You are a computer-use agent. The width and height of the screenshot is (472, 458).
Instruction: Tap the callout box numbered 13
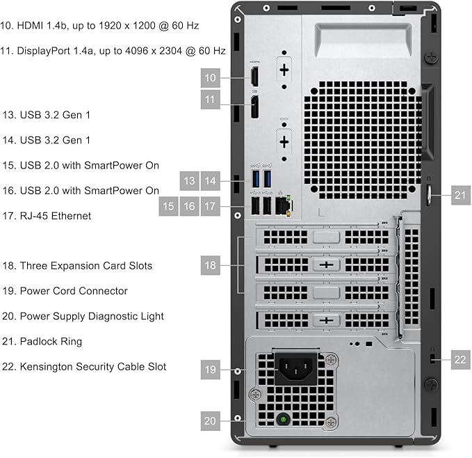pyautogui.click(x=190, y=182)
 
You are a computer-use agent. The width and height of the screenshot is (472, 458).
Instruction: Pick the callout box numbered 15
pyautogui.click(x=169, y=206)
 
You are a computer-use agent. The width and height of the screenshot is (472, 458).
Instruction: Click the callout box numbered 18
pyautogui.click(x=211, y=265)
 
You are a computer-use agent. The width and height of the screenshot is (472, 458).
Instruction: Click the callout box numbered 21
pyautogui.click(x=459, y=196)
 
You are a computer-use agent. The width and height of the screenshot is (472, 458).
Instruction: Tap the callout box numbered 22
pyautogui.click(x=459, y=359)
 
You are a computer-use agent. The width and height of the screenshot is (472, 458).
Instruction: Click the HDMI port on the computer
pyautogui.click(x=254, y=77)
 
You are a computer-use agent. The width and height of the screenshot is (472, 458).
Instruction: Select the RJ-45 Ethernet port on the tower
pyautogui.click(x=282, y=205)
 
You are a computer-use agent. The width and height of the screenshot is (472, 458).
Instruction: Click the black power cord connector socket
pyautogui.click(x=298, y=370)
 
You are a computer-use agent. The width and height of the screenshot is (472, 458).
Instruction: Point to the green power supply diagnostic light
pyautogui.click(x=283, y=420)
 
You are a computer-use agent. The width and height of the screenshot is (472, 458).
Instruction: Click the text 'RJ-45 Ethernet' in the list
pyautogui.click(x=56, y=216)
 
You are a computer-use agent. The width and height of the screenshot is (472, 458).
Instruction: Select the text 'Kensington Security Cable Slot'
pyautogui.click(x=93, y=366)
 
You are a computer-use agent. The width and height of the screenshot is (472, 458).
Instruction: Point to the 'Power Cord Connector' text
pyautogui.click(x=74, y=291)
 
